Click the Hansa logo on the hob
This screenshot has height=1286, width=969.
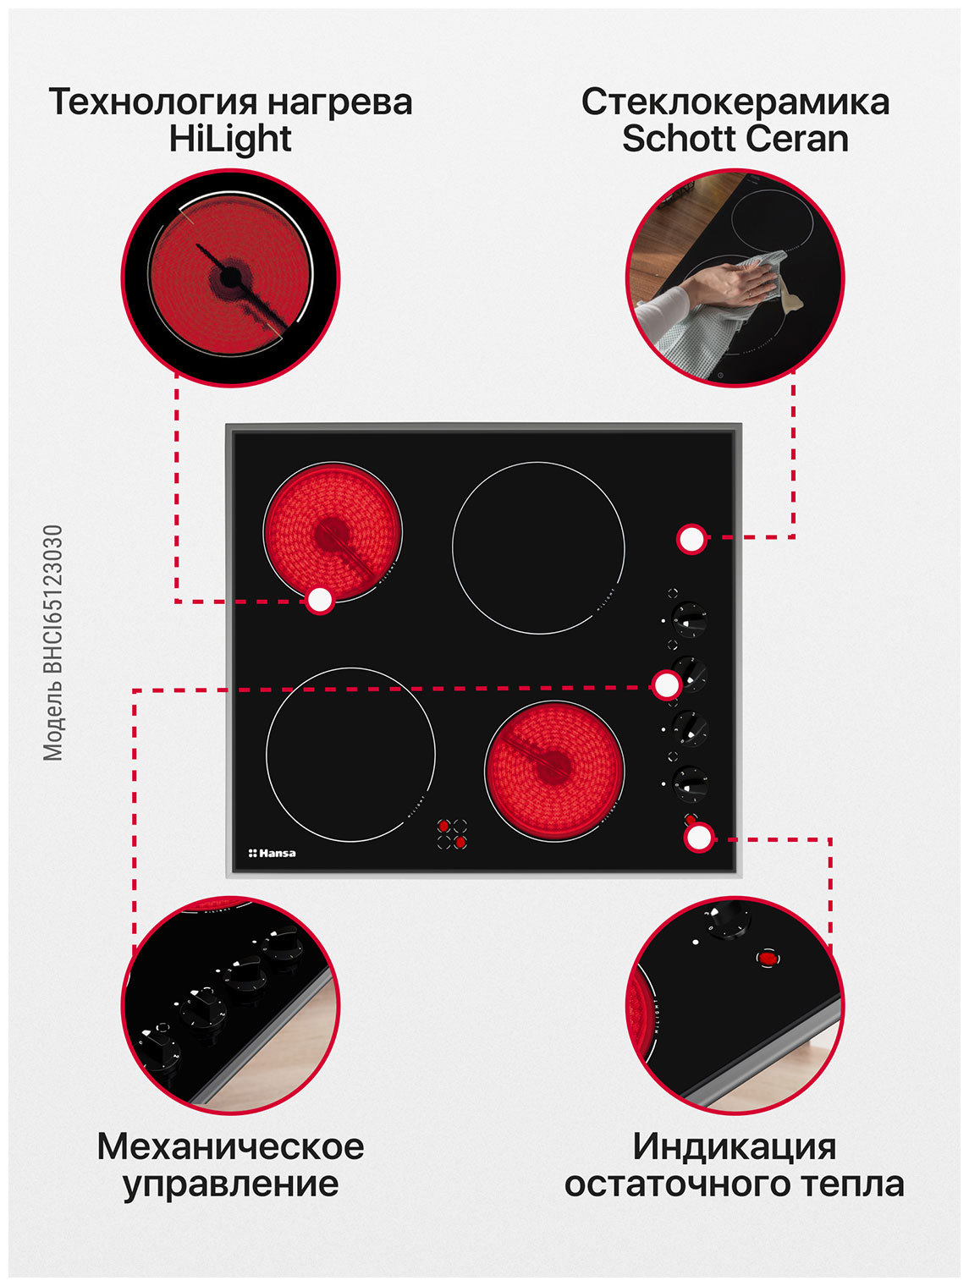click(272, 853)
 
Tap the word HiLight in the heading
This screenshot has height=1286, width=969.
click(230, 138)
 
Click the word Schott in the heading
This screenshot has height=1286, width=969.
click(672, 138)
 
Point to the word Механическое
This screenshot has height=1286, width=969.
click(230, 1146)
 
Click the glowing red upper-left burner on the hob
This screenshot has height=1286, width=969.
click(333, 531)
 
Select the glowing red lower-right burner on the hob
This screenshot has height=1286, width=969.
click(554, 770)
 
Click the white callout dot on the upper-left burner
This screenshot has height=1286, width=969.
click(320, 601)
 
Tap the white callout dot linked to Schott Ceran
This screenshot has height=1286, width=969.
click(691, 539)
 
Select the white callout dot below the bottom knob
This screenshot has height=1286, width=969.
click(697, 838)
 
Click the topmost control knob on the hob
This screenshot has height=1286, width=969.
click(688, 619)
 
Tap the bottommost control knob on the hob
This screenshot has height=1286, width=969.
click(689, 783)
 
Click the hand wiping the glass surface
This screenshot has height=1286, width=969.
click(732, 281)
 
